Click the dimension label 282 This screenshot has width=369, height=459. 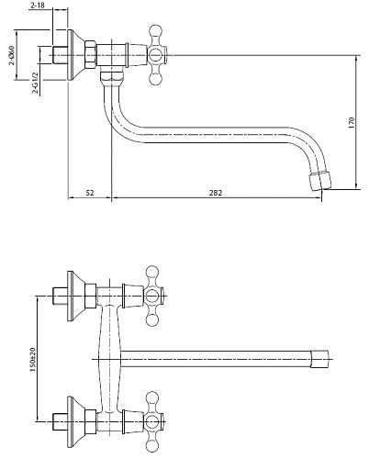216,193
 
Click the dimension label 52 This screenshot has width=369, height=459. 90,193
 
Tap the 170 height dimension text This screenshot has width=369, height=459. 351,122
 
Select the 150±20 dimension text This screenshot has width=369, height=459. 32,359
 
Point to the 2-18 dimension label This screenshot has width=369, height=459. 36,6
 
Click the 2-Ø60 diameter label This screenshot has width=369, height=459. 12,55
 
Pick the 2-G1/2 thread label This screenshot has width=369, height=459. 36,83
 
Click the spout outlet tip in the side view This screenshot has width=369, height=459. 320,182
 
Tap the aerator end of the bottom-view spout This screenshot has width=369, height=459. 319,358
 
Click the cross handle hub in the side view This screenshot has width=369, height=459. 155,55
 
